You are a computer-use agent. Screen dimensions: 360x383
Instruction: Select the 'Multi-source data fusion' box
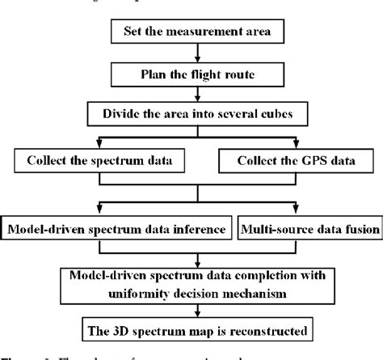point(309,229)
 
